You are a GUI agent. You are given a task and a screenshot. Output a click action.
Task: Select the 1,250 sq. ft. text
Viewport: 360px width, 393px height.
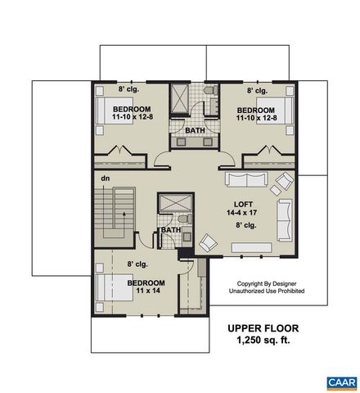click(x=263, y=340)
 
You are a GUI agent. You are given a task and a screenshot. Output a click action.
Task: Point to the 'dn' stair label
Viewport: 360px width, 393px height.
click(x=106, y=178)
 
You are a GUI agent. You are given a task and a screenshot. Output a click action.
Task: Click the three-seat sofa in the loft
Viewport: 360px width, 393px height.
click(x=248, y=181)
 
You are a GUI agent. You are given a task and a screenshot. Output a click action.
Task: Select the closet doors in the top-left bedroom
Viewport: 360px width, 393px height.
click(x=122, y=151)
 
